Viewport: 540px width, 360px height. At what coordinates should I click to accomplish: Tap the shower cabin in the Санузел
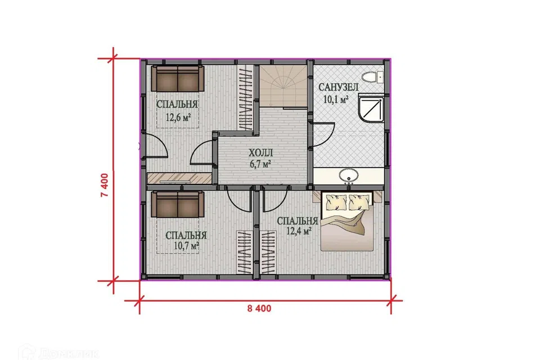coord(371,109)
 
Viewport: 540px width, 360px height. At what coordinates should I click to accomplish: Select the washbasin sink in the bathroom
coord(349,175)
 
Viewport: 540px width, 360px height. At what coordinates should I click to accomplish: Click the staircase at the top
coord(283,85)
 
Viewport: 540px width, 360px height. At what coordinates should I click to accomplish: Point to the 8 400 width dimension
coord(259,308)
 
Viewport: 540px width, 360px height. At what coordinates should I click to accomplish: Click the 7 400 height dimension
coord(105,185)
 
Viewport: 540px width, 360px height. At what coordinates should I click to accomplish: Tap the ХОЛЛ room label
coord(260,152)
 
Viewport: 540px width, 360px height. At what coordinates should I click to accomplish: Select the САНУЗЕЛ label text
coord(339,87)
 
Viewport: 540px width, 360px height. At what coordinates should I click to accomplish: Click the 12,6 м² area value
coord(178,118)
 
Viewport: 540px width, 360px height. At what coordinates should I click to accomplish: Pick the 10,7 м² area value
coord(187,246)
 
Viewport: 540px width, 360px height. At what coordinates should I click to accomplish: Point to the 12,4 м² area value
coord(299,231)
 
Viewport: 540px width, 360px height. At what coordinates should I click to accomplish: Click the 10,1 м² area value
coord(336,100)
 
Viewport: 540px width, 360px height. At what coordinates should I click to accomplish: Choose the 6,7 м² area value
coord(260,164)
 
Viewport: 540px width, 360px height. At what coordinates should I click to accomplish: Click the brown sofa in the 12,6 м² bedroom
coord(178,79)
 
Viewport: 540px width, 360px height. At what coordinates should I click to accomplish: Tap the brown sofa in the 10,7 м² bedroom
coord(178,205)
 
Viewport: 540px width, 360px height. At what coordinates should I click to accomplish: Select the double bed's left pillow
coord(336,202)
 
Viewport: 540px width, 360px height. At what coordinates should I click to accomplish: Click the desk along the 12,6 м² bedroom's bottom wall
coord(179,178)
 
